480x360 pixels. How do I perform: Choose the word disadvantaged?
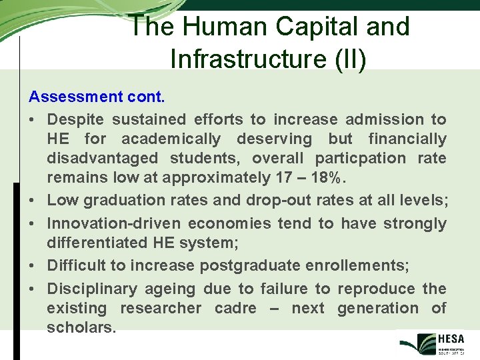click(103, 159)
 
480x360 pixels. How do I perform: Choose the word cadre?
click(237, 308)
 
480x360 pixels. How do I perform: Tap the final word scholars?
click(81, 327)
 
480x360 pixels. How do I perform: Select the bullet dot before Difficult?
click(33, 266)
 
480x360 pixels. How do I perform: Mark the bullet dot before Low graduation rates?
click(33, 200)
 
